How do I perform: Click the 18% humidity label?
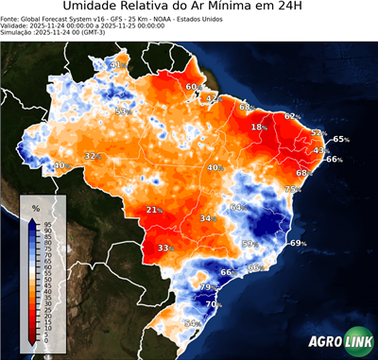(258, 127)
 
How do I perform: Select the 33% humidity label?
(165, 249)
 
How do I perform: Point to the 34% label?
(207, 218)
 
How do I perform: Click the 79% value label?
(207, 286)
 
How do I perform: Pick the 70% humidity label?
(214, 304)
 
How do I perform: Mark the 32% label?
(92, 156)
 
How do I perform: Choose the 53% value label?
(121, 111)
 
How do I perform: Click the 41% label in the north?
(116, 64)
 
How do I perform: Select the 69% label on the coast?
(298, 244)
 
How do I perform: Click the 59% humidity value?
(249, 244)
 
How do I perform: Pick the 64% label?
(237, 207)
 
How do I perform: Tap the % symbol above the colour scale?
(35, 207)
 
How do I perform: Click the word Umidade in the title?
(99, 9)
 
